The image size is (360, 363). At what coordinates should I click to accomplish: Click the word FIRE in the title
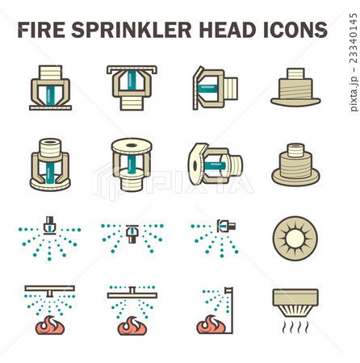click(x=40, y=31)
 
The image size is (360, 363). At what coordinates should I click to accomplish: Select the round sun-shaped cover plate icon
click(x=295, y=238)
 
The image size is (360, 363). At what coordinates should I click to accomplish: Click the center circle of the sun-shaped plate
click(x=295, y=238)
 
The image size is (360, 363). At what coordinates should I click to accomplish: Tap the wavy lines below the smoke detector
click(x=295, y=326)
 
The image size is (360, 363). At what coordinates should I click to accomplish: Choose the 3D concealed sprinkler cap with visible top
click(x=295, y=165)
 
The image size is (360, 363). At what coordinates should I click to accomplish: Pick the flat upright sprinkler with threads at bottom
click(x=129, y=87)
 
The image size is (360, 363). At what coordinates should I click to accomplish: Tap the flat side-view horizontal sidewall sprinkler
click(x=214, y=87)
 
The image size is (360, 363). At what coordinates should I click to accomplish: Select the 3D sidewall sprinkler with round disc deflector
click(x=214, y=165)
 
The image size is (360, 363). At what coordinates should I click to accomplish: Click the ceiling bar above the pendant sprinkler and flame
click(x=50, y=287)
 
